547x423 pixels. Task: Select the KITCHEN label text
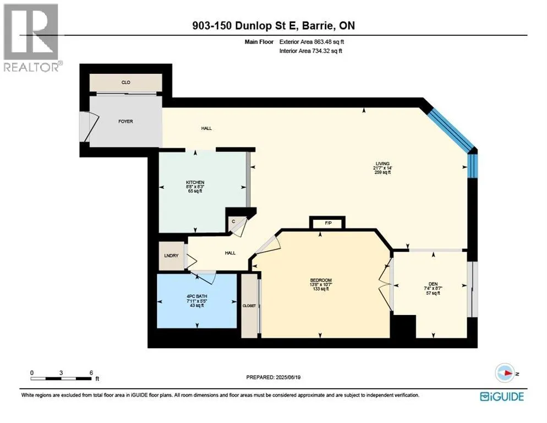195,182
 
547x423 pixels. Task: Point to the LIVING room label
382,164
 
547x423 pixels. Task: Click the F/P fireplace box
327,223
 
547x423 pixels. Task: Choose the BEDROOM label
321,280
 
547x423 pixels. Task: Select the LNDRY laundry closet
169,256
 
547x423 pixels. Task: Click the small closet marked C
233,221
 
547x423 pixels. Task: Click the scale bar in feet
62,378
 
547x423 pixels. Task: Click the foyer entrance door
87,127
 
